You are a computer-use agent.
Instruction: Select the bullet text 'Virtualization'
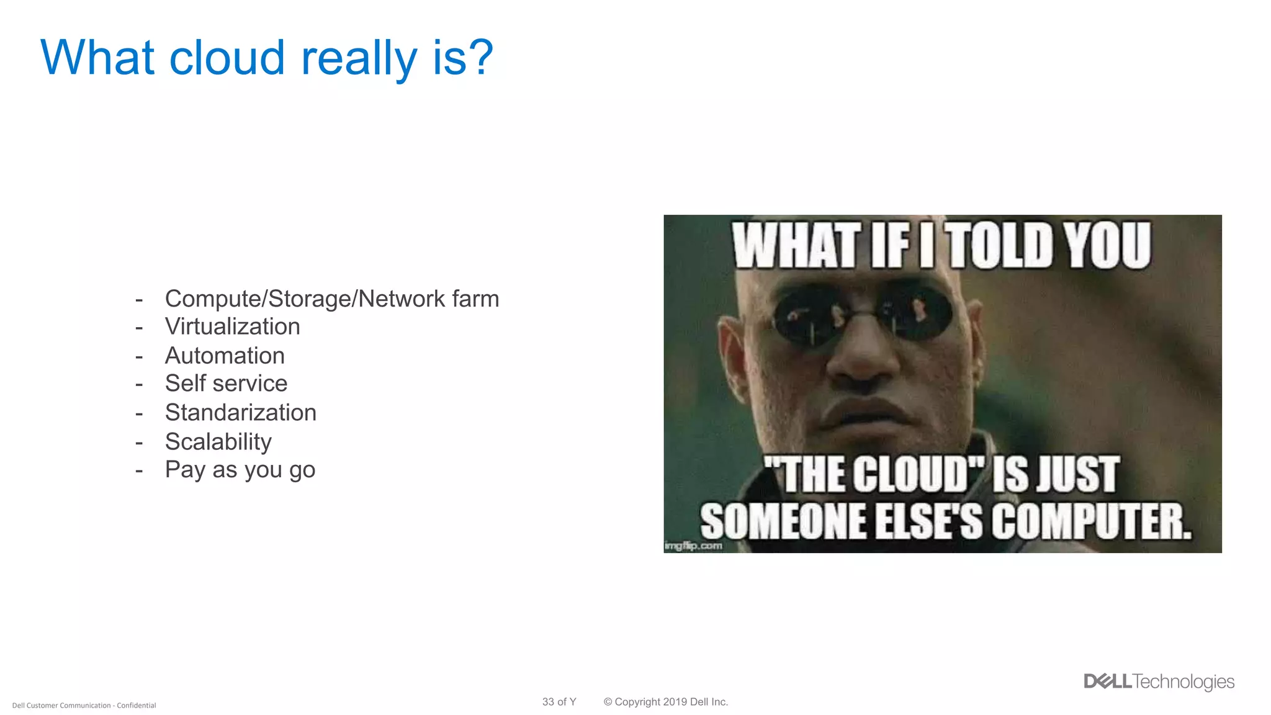click(x=232, y=327)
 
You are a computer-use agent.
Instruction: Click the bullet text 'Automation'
click(x=225, y=356)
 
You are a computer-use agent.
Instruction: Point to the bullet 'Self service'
click(x=226, y=384)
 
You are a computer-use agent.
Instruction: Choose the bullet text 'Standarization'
click(x=240, y=413)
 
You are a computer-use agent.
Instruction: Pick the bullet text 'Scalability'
click(x=218, y=441)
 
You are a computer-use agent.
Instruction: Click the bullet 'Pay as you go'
click(x=240, y=470)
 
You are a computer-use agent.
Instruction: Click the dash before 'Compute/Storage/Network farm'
click(x=139, y=300)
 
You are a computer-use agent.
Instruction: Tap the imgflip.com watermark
click(x=693, y=546)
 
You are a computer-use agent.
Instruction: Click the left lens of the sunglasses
click(x=811, y=316)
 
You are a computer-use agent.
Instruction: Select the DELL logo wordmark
click(x=1107, y=681)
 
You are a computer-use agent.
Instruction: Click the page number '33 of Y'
click(x=559, y=702)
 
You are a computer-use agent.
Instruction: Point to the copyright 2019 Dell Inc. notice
click(x=665, y=702)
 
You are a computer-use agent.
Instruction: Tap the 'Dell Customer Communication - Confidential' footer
click(x=84, y=706)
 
